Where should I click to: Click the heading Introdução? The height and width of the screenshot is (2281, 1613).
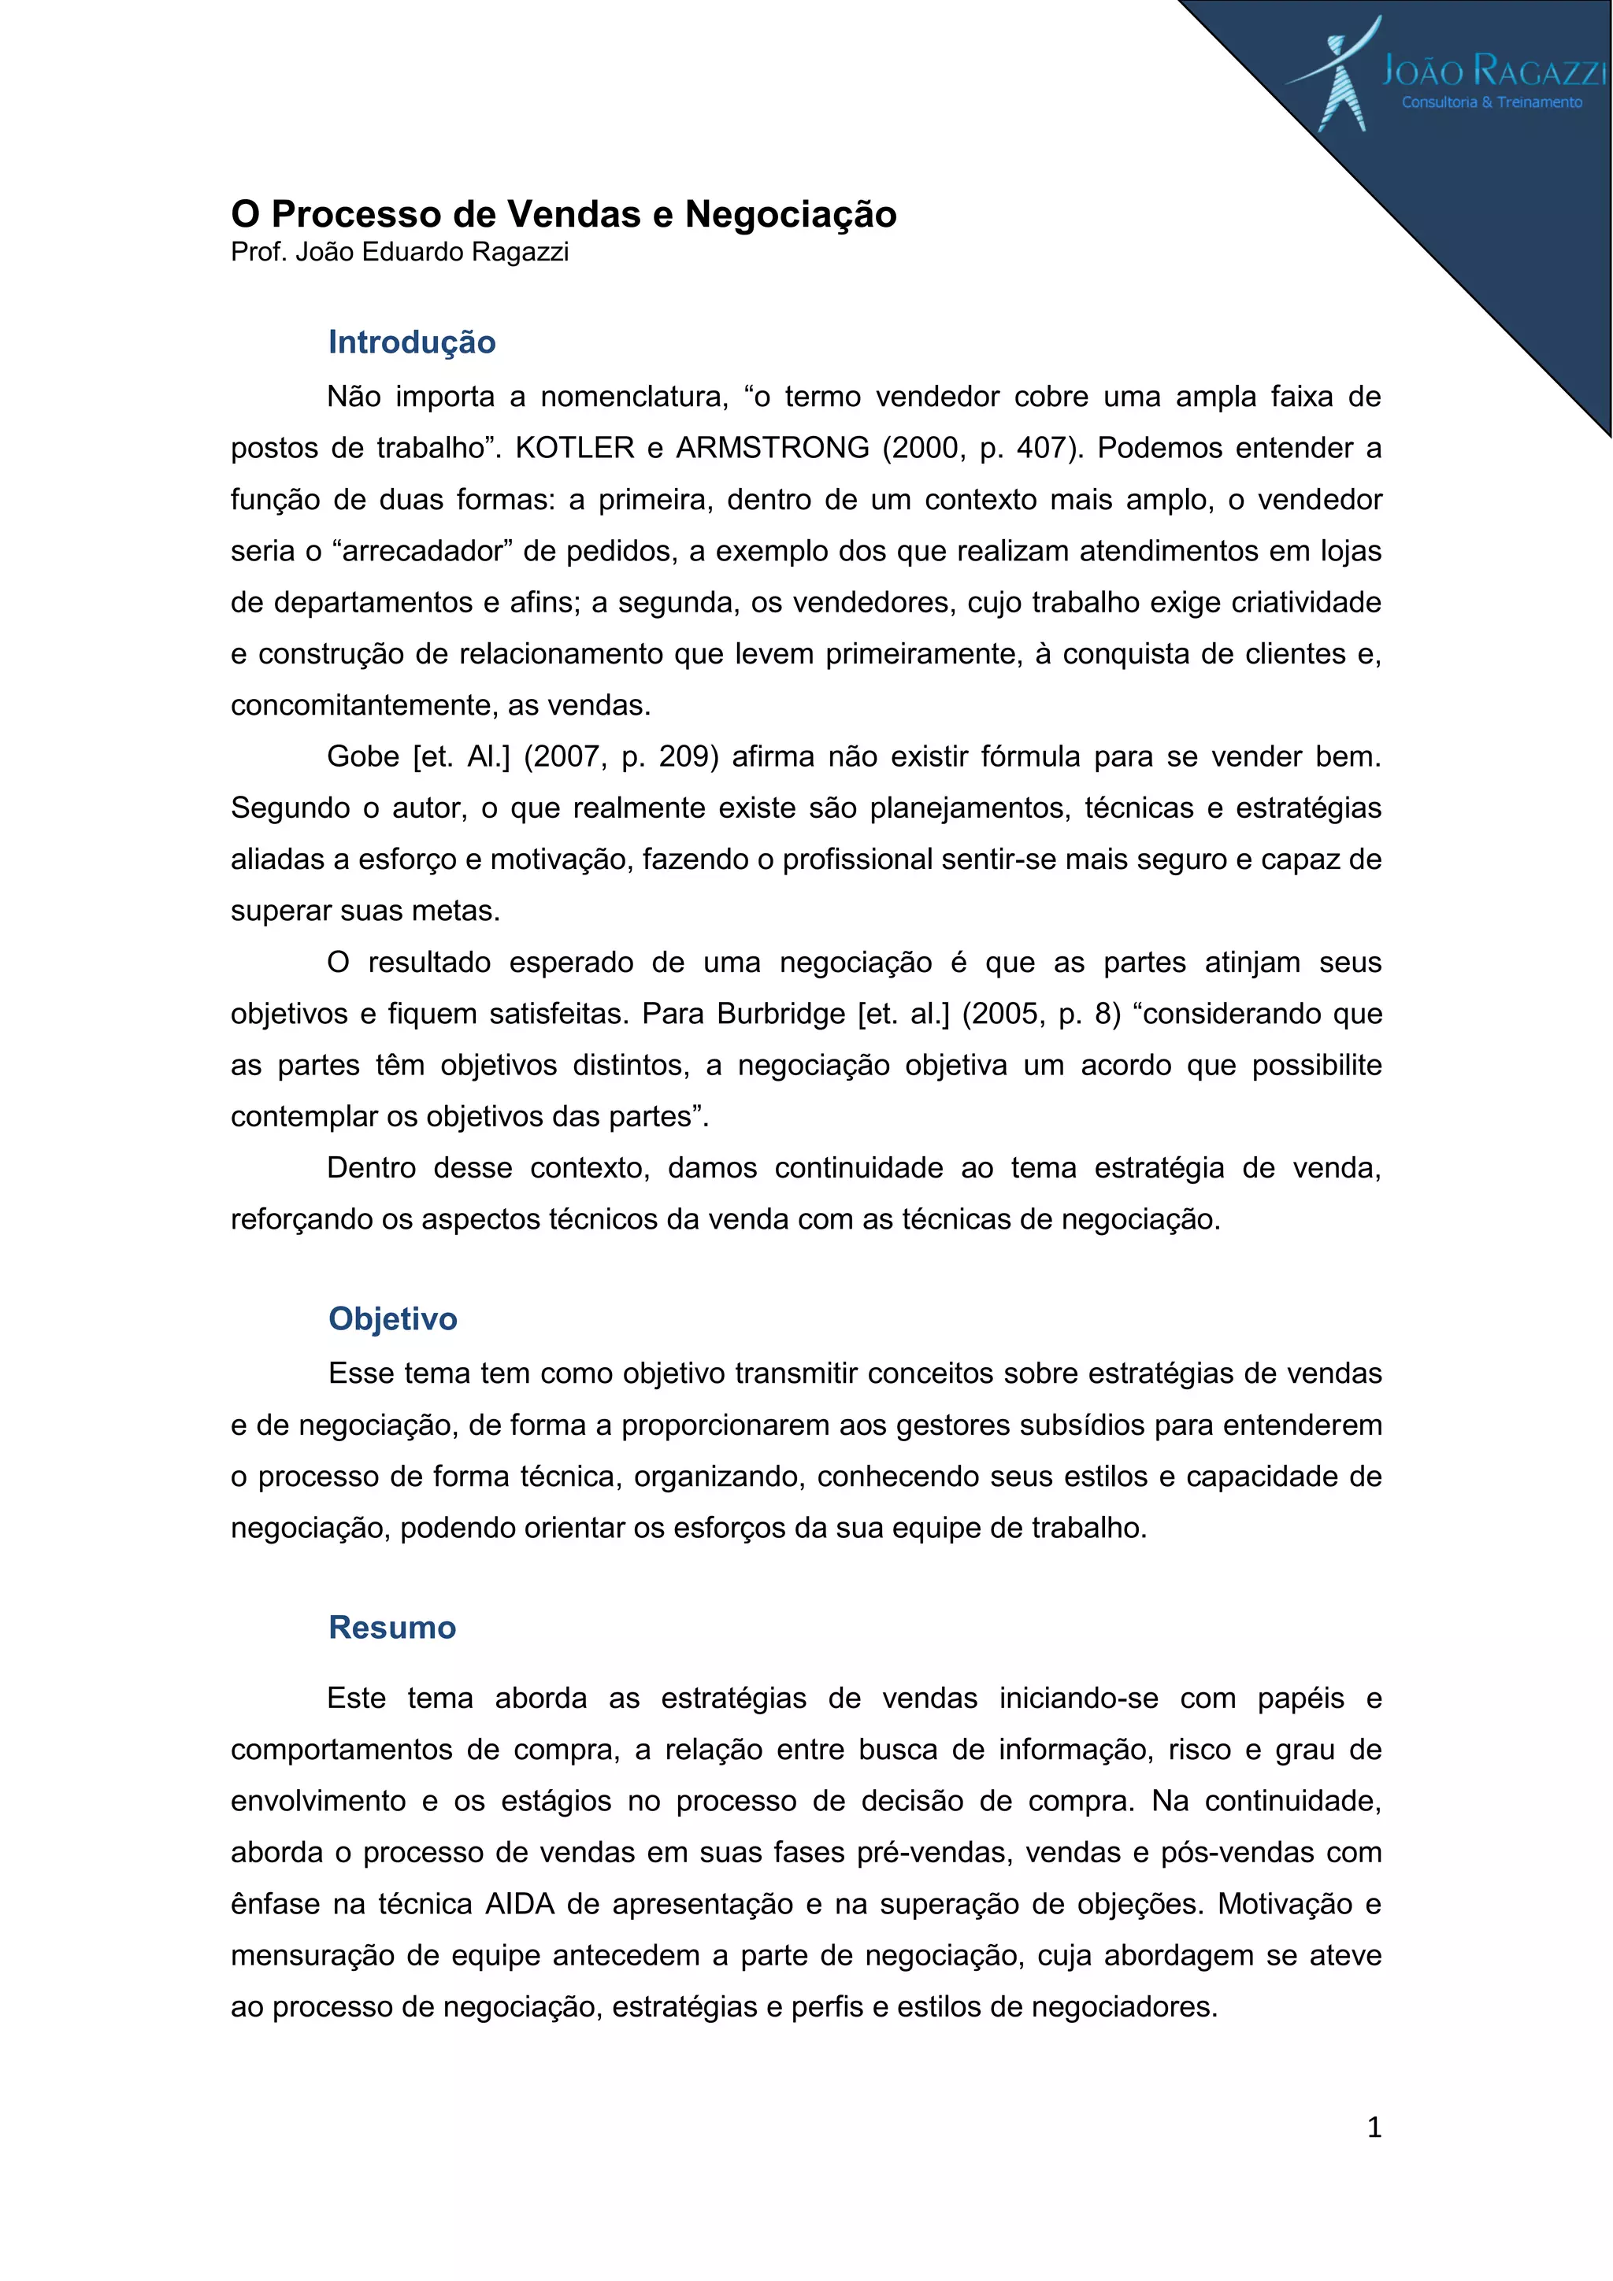(411, 342)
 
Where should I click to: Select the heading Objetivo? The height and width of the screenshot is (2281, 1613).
(392, 1318)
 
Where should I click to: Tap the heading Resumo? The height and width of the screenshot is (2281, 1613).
(391, 1627)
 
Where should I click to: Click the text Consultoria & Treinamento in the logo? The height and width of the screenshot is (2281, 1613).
(1492, 102)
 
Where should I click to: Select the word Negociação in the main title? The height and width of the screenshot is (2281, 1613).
(790, 215)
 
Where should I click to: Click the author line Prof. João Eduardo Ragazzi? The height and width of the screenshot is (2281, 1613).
(399, 253)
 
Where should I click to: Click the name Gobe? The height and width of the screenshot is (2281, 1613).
(363, 757)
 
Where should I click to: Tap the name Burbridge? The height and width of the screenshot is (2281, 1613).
(781, 1015)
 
